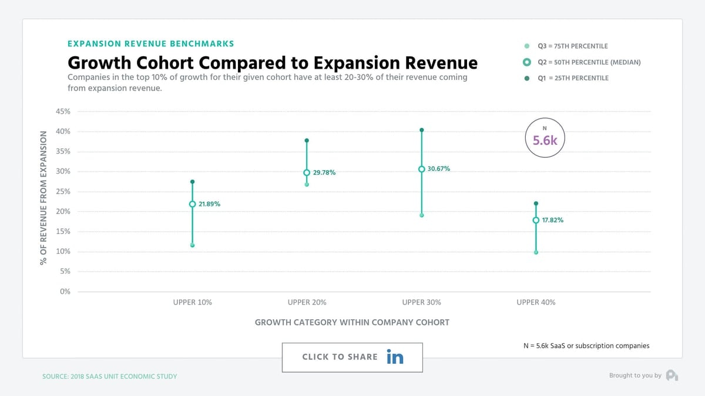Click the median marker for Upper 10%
point(192,204)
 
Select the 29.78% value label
point(324,172)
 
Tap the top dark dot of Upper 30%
point(422,130)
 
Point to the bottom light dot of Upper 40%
point(536,252)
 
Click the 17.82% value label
point(553,220)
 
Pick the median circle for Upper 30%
point(422,169)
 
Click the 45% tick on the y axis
point(63,111)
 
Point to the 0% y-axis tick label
point(65,292)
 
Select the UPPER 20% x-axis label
point(307,302)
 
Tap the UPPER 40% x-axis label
point(536,302)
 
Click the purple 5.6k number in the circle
point(545,140)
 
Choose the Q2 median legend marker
point(527,62)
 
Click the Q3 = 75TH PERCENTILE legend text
point(573,46)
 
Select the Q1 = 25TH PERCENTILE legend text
point(573,78)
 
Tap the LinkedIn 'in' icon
point(395,357)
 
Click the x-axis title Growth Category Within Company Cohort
point(352,323)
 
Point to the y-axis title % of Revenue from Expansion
point(43,198)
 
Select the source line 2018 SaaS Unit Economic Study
point(109,377)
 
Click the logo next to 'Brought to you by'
point(672,375)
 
